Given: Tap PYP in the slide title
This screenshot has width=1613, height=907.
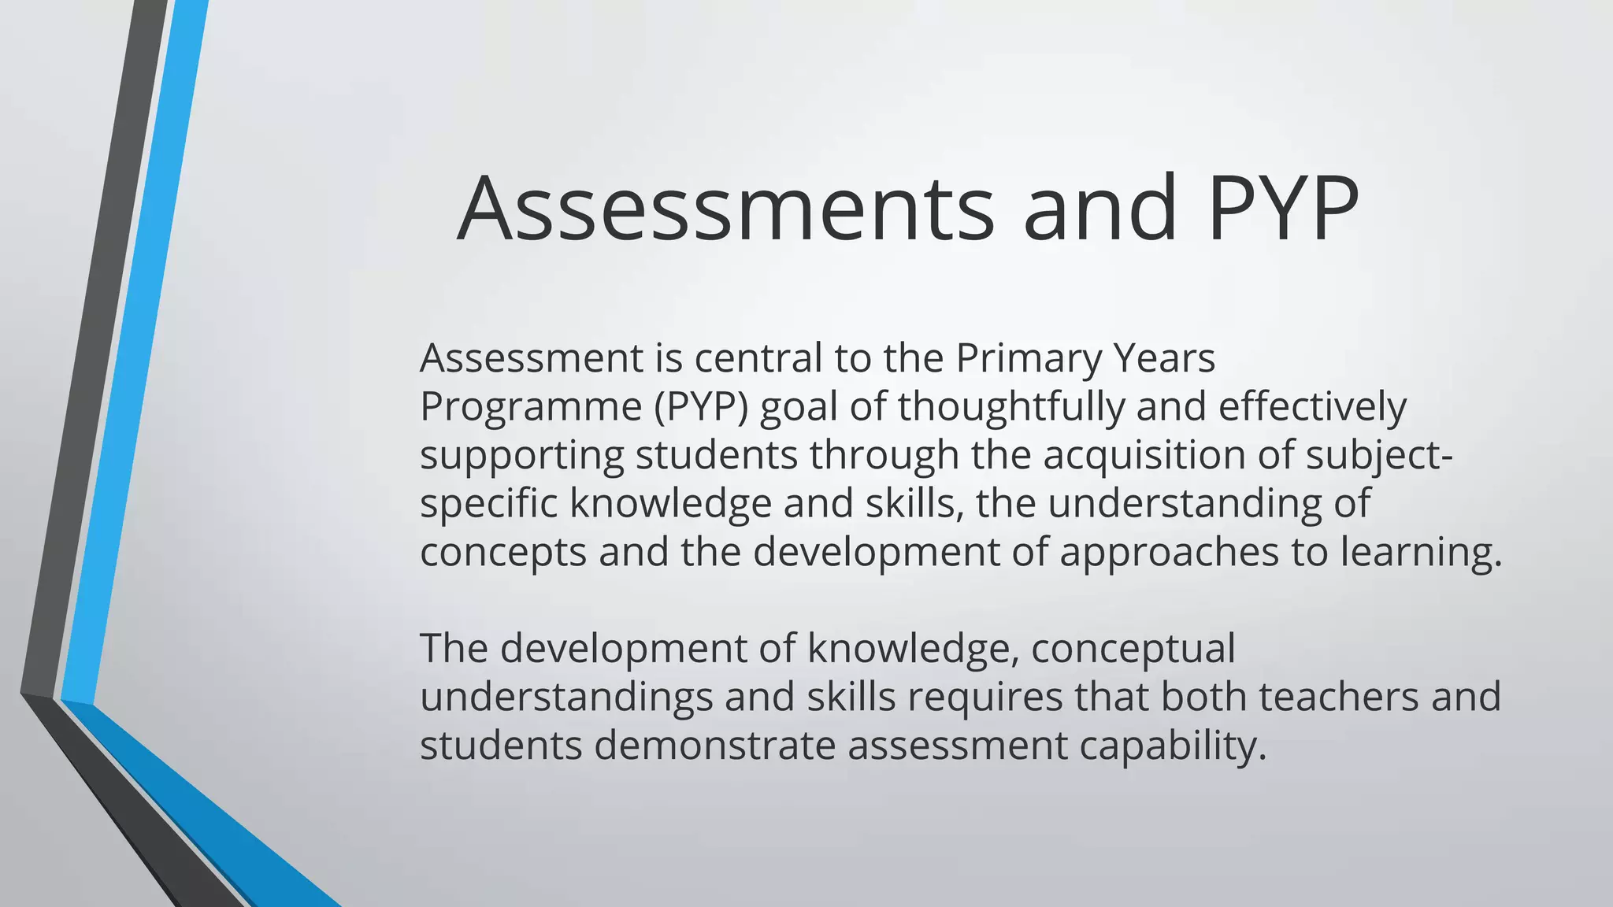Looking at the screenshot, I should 1282,209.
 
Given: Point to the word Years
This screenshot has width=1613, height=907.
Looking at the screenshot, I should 1166,358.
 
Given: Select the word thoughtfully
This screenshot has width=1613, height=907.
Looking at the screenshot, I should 1010,407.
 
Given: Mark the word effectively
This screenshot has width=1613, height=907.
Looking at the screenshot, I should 1312,407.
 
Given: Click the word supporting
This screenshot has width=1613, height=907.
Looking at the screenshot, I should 521,456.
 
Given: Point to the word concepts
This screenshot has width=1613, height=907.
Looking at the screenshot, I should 503,553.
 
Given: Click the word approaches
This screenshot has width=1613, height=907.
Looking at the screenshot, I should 1169,553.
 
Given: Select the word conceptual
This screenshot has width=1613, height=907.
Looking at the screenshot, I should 1133,650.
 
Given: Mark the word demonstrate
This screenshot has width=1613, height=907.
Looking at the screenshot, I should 714,746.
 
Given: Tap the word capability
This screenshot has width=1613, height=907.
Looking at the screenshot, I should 1173,746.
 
